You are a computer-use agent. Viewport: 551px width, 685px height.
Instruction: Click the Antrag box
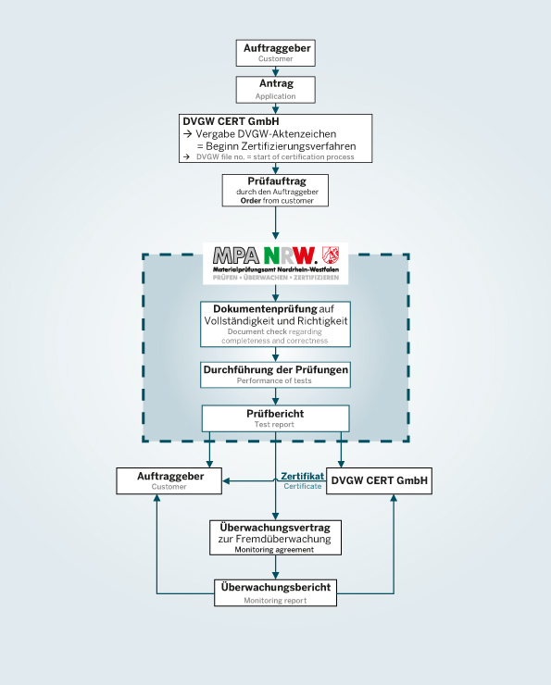pyautogui.click(x=275, y=90)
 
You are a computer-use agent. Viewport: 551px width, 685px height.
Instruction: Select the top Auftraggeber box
pyautogui.click(x=275, y=53)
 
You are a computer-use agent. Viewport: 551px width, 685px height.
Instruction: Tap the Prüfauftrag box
pyautogui.click(x=275, y=190)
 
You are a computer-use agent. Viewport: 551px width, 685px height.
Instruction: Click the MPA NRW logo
pyautogui.click(x=276, y=264)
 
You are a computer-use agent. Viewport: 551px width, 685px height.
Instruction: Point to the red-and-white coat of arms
pyautogui.click(x=331, y=255)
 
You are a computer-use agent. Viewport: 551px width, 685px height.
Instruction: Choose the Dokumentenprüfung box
pyautogui.click(x=275, y=324)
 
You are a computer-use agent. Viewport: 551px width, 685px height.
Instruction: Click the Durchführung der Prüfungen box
pyautogui.click(x=275, y=374)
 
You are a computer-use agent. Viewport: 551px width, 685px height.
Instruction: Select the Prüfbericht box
pyautogui.click(x=275, y=418)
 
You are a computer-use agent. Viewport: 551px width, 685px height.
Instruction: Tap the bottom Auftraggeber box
pyautogui.click(x=169, y=481)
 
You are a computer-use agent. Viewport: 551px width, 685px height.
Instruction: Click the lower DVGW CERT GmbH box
pyautogui.click(x=380, y=481)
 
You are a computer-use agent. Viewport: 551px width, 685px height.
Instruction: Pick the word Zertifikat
pyautogui.click(x=303, y=476)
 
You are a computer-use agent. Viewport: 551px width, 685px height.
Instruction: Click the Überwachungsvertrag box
pyautogui.click(x=275, y=537)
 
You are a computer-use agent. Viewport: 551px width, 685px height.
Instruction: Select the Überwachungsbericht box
pyautogui.click(x=275, y=592)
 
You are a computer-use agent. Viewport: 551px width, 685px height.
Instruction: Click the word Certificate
pyautogui.click(x=303, y=486)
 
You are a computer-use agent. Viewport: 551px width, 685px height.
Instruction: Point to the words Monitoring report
pyautogui.click(x=275, y=601)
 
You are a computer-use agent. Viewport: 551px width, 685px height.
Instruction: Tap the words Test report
pyautogui.click(x=274, y=424)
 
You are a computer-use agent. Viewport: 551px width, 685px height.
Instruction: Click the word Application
pyautogui.click(x=275, y=96)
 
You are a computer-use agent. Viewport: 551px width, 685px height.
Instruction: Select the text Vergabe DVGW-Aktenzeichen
pyautogui.click(x=266, y=133)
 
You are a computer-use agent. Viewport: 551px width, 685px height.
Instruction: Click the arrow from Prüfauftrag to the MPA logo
pyautogui.click(x=275, y=223)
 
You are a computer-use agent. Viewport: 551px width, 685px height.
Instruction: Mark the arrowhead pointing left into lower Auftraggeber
pyautogui.click(x=226, y=481)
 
